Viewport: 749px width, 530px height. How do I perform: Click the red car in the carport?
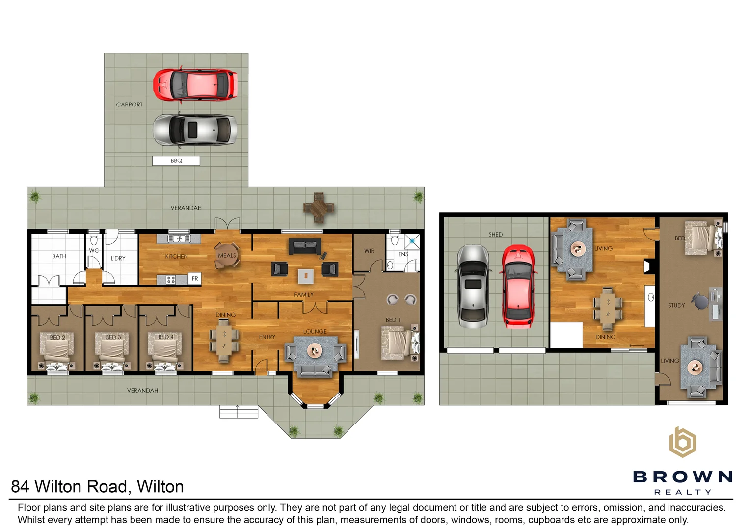point(195,84)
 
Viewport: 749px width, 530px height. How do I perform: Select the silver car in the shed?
point(473,287)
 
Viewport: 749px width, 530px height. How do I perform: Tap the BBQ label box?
point(176,161)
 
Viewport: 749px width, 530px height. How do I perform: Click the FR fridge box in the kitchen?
point(195,279)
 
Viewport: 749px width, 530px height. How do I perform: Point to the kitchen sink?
point(179,239)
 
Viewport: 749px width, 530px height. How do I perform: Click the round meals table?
point(227,255)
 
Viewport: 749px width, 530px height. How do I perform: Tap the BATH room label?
point(59,257)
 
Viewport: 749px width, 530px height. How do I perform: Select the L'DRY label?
point(118,258)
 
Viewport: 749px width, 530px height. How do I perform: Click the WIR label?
point(369,251)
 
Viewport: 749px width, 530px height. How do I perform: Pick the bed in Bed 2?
point(57,350)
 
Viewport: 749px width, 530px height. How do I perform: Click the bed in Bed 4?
point(165,350)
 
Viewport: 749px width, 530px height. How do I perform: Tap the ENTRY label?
point(267,337)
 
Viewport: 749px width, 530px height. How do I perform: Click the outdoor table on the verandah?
point(319,208)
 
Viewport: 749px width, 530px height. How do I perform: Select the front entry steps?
point(239,412)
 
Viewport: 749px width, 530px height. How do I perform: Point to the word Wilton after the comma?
point(160,486)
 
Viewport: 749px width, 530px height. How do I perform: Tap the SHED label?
point(496,235)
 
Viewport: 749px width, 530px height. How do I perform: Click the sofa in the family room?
point(305,246)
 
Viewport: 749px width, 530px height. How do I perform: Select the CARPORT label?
point(130,105)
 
